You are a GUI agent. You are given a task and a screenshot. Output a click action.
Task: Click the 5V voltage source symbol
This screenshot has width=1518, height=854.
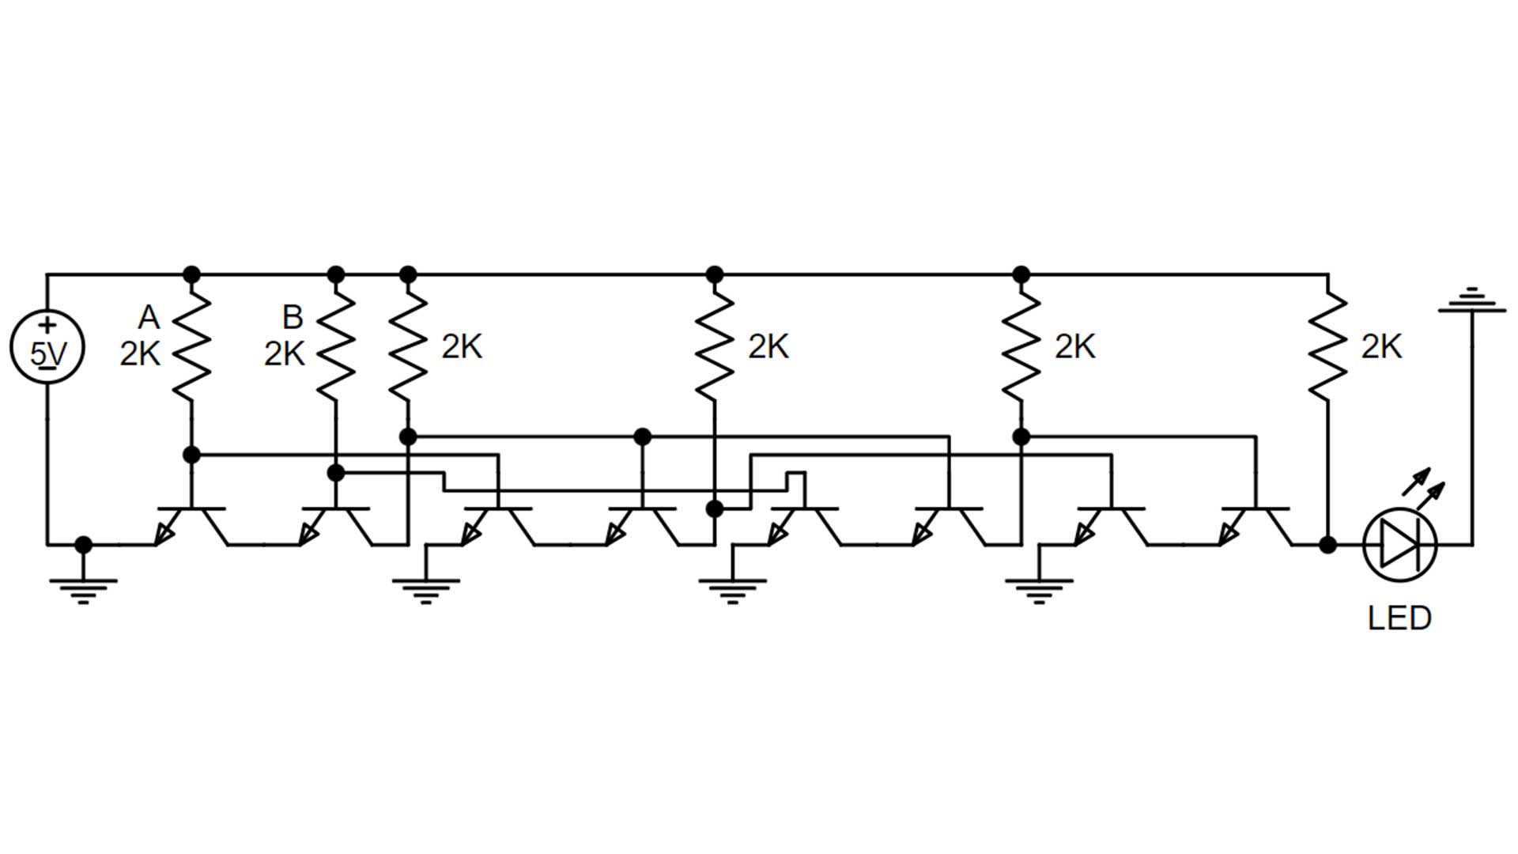[47, 347]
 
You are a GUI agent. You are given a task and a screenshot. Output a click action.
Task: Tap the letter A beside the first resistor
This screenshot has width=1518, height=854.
[149, 318]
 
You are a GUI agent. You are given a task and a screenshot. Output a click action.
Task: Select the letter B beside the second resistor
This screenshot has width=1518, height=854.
[293, 318]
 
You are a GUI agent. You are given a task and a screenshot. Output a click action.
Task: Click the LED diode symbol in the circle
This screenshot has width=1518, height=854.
[1400, 545]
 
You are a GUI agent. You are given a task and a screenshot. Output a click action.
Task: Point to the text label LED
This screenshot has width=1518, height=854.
[1399, 618]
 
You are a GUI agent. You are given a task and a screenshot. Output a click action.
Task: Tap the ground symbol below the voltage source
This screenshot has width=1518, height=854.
[83, 589]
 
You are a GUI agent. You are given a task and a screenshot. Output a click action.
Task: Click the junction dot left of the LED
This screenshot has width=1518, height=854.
[1327, 545]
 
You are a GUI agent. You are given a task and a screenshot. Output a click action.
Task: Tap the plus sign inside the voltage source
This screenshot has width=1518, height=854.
[47, 326]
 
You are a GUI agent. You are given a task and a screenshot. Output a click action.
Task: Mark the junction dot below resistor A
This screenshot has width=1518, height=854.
[191, 455]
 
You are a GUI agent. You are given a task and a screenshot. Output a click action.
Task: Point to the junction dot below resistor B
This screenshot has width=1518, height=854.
[336, 473]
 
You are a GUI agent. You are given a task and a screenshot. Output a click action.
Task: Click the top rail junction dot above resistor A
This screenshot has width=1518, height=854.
[191, 274]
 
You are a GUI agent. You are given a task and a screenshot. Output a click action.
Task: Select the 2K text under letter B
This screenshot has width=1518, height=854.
[284, 354]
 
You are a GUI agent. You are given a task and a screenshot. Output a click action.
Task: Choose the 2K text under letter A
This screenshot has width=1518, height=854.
[140, 354]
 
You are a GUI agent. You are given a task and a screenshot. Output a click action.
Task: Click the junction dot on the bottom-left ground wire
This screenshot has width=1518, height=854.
[83, 545]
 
